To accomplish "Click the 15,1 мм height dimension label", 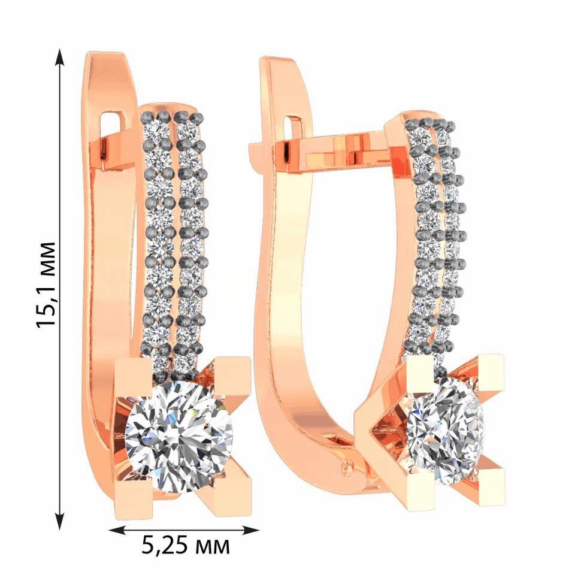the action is coord(47,285).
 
